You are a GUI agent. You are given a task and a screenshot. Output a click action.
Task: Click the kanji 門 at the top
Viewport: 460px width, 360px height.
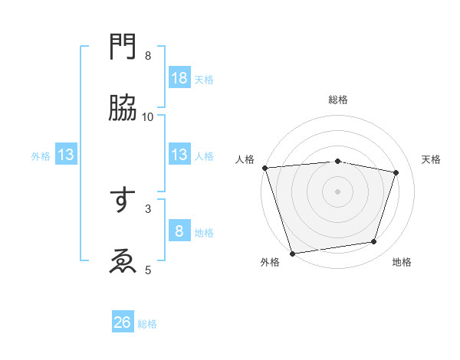coord(123,47)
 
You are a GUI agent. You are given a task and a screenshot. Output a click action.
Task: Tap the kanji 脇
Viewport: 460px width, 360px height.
coord(123,108)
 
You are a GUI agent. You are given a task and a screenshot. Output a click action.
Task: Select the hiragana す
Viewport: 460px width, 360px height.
coord(123,200)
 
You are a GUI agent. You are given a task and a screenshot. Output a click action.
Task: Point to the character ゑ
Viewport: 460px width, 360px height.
coord(123,261)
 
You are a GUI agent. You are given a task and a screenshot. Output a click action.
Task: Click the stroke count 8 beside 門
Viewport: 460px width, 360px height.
coord(148,55)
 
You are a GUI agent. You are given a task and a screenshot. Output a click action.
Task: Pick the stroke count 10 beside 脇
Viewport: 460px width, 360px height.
coord(148,116)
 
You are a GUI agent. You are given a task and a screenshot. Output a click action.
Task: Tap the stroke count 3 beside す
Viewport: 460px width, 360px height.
coord(148,208)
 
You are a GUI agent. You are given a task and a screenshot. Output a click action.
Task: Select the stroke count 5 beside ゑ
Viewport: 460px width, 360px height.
coord(148,270)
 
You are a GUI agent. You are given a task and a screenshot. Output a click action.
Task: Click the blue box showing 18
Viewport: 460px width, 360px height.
coord(179,78)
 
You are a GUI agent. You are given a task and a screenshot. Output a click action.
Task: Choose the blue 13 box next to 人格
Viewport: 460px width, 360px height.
coord(179,155)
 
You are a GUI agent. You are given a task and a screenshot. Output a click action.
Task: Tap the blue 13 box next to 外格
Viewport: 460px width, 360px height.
coord(66,155)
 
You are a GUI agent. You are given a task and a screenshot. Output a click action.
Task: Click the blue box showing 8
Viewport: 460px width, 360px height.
coord(179,231)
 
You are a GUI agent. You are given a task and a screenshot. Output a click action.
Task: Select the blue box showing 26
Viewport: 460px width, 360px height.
coord(123,322)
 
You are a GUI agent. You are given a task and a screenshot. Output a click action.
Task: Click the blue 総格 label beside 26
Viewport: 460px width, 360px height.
coord(148,324)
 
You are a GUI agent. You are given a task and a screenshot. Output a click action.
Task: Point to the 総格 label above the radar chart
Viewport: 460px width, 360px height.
coord(338,100)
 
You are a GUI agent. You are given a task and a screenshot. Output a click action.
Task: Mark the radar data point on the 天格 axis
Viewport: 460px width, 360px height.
coord(396,172)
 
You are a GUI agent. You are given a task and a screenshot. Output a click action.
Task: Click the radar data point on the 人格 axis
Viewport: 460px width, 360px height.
coord(264,168)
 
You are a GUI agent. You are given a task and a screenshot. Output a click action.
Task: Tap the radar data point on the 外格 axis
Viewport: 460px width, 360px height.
coord(292,253)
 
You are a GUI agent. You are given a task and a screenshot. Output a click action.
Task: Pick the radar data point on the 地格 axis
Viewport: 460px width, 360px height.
coord(374,242)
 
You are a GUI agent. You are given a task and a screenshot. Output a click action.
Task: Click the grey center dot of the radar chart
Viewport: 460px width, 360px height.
coord(338,191)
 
